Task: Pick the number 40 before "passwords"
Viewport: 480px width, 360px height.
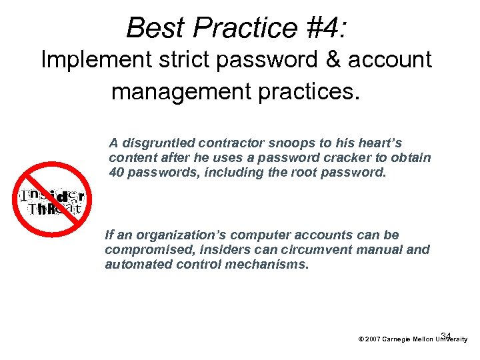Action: [116, 172]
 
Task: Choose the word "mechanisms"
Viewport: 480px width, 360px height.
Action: [274, 264]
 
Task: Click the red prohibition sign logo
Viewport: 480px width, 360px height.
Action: [52, 200]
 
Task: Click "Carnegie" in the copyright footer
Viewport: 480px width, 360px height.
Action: [397, 339]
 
